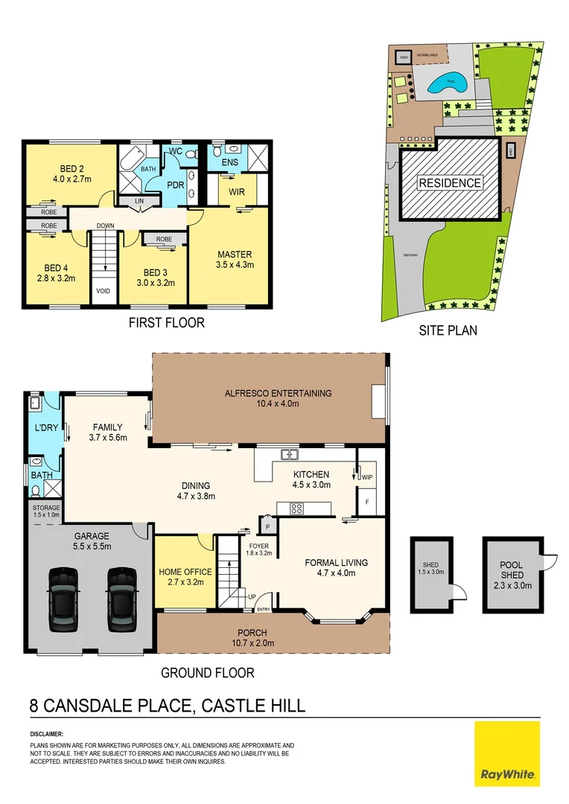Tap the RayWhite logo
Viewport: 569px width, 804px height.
pos(506,753)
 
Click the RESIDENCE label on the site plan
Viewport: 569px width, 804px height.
pos(449,182)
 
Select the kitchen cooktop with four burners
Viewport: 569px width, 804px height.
pos(296,509)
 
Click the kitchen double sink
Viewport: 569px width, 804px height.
pos(290,454)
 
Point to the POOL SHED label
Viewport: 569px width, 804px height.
pos(512,569)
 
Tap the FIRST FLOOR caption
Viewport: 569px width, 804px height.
pos(166,323)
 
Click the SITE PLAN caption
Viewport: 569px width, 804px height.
pos(448,331)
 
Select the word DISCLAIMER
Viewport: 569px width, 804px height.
pos(47,733)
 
